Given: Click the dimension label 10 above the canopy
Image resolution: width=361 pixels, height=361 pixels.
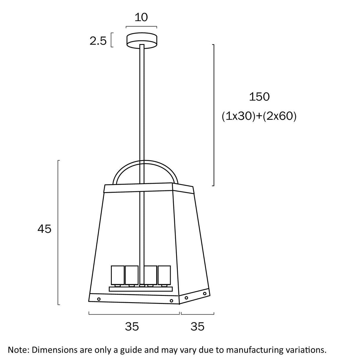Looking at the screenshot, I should coord(141,18).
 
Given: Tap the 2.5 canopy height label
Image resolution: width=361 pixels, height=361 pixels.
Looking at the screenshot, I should coord(98,41).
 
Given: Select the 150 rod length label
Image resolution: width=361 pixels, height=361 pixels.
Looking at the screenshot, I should coord(259,97).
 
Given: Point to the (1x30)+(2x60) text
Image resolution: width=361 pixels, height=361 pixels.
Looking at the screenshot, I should coord(259,116).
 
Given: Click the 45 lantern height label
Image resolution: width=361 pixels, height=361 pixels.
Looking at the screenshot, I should coord(45,229).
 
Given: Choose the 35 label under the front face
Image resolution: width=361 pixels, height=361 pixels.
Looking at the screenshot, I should coord(132,327).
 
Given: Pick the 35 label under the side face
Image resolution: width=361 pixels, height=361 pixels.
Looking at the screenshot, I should coord(198,327).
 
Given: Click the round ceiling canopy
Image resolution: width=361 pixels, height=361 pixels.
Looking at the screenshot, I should coord(142,40).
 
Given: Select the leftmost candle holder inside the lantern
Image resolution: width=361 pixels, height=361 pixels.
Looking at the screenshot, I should coord(117,275).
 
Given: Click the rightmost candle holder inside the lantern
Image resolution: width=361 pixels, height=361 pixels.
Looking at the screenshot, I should coord(164,275).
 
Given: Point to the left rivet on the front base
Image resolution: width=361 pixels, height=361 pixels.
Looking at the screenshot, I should coord(99,299).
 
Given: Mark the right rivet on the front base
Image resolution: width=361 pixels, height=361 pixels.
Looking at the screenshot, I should coord(172,301).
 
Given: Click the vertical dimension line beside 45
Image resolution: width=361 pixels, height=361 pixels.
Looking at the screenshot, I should coord(58,232).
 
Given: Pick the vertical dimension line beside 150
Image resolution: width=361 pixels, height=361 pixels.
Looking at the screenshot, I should coord(214,115).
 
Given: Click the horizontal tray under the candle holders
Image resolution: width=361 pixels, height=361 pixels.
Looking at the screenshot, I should coord(141,289).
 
